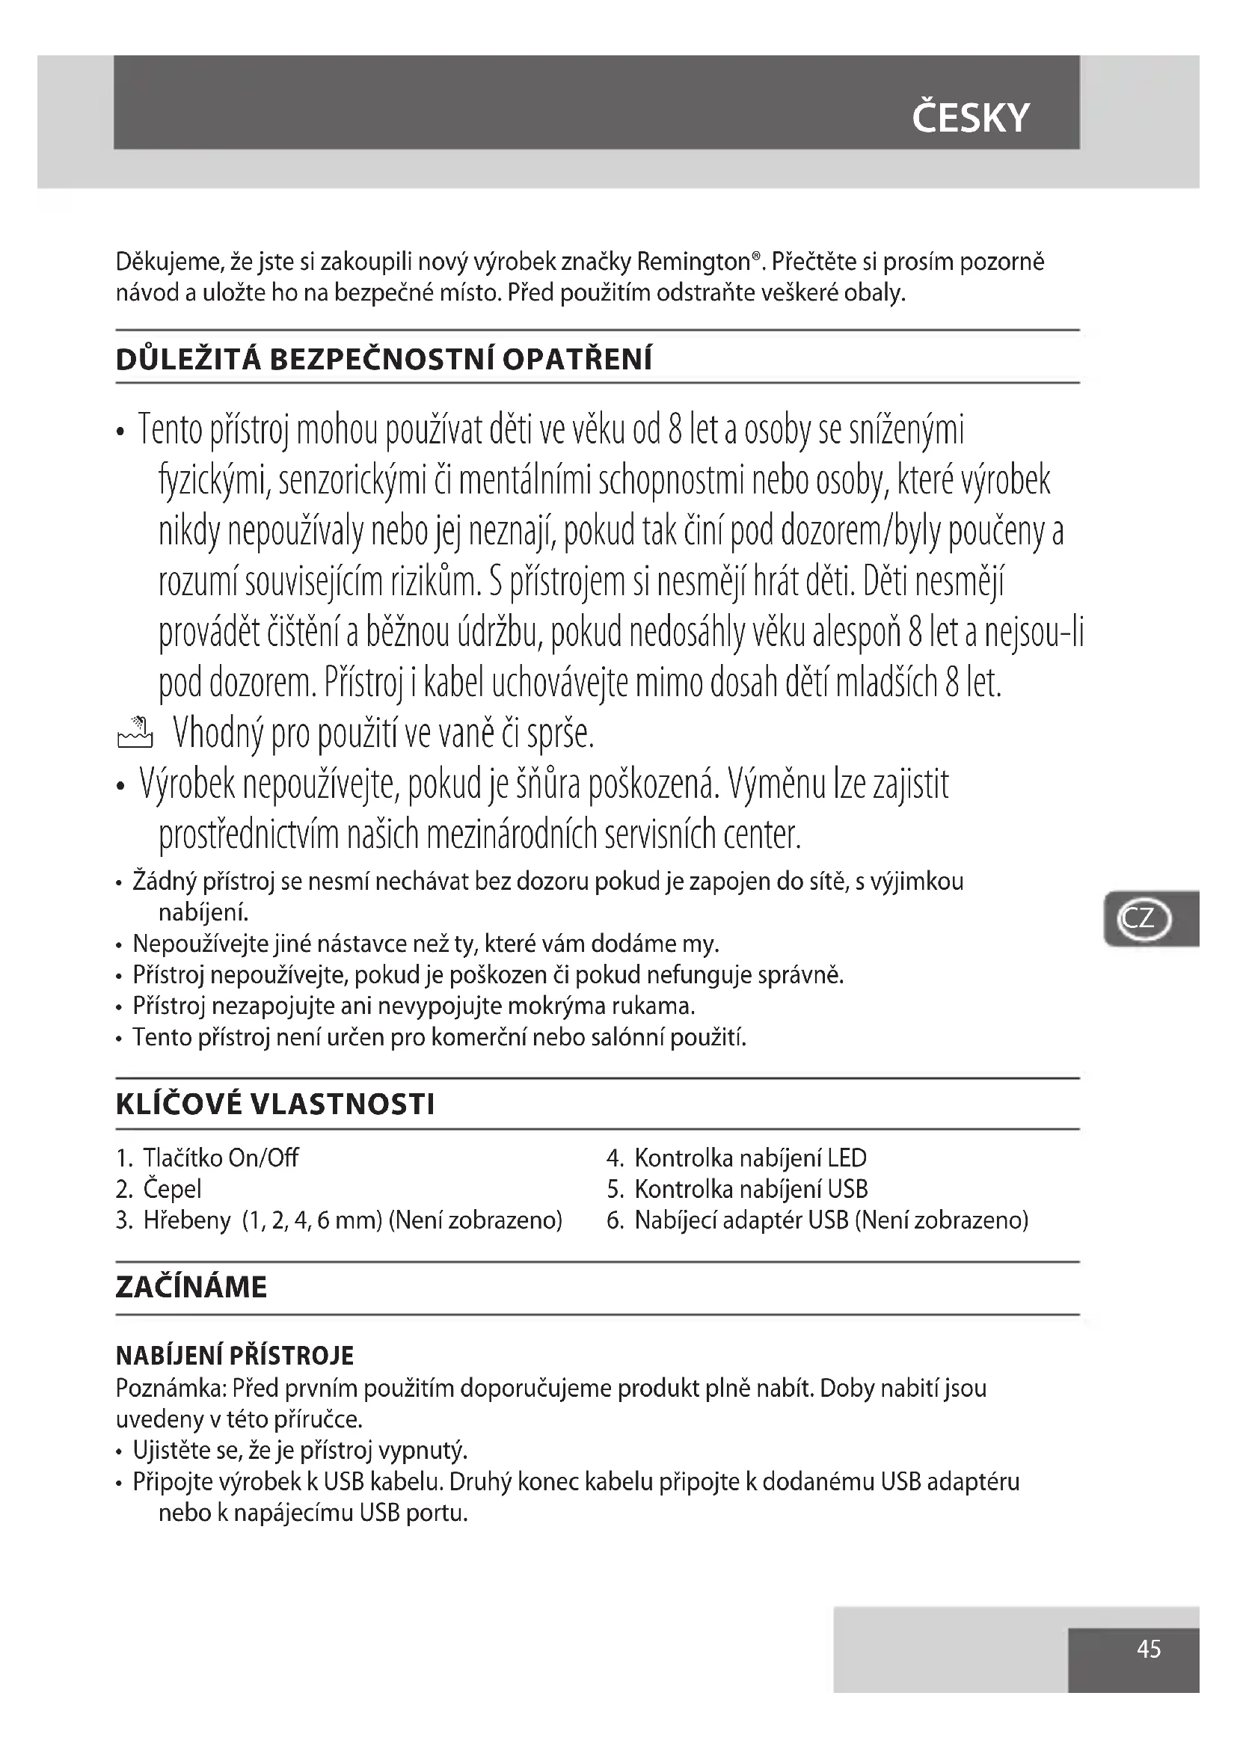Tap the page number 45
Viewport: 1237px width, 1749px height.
[1148, 1649]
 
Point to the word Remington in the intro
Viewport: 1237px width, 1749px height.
[693, 262]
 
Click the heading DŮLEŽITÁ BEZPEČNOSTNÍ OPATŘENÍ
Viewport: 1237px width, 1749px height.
[384, 359]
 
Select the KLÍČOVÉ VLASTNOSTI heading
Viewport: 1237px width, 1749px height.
[275, 1104]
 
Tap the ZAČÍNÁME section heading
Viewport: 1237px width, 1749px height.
[191, 1287]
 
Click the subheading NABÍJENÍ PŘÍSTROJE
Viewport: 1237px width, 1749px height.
[235, 1356]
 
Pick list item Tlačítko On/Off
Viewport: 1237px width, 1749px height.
[220, 1158]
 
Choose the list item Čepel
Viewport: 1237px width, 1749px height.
[172, 1189]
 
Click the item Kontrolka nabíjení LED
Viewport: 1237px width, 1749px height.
[749, 1158]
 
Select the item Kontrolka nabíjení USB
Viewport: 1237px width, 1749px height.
[750, 1189]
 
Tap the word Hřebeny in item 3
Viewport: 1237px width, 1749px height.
[187, 1220]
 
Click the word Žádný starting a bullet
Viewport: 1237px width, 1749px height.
[164, 882]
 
